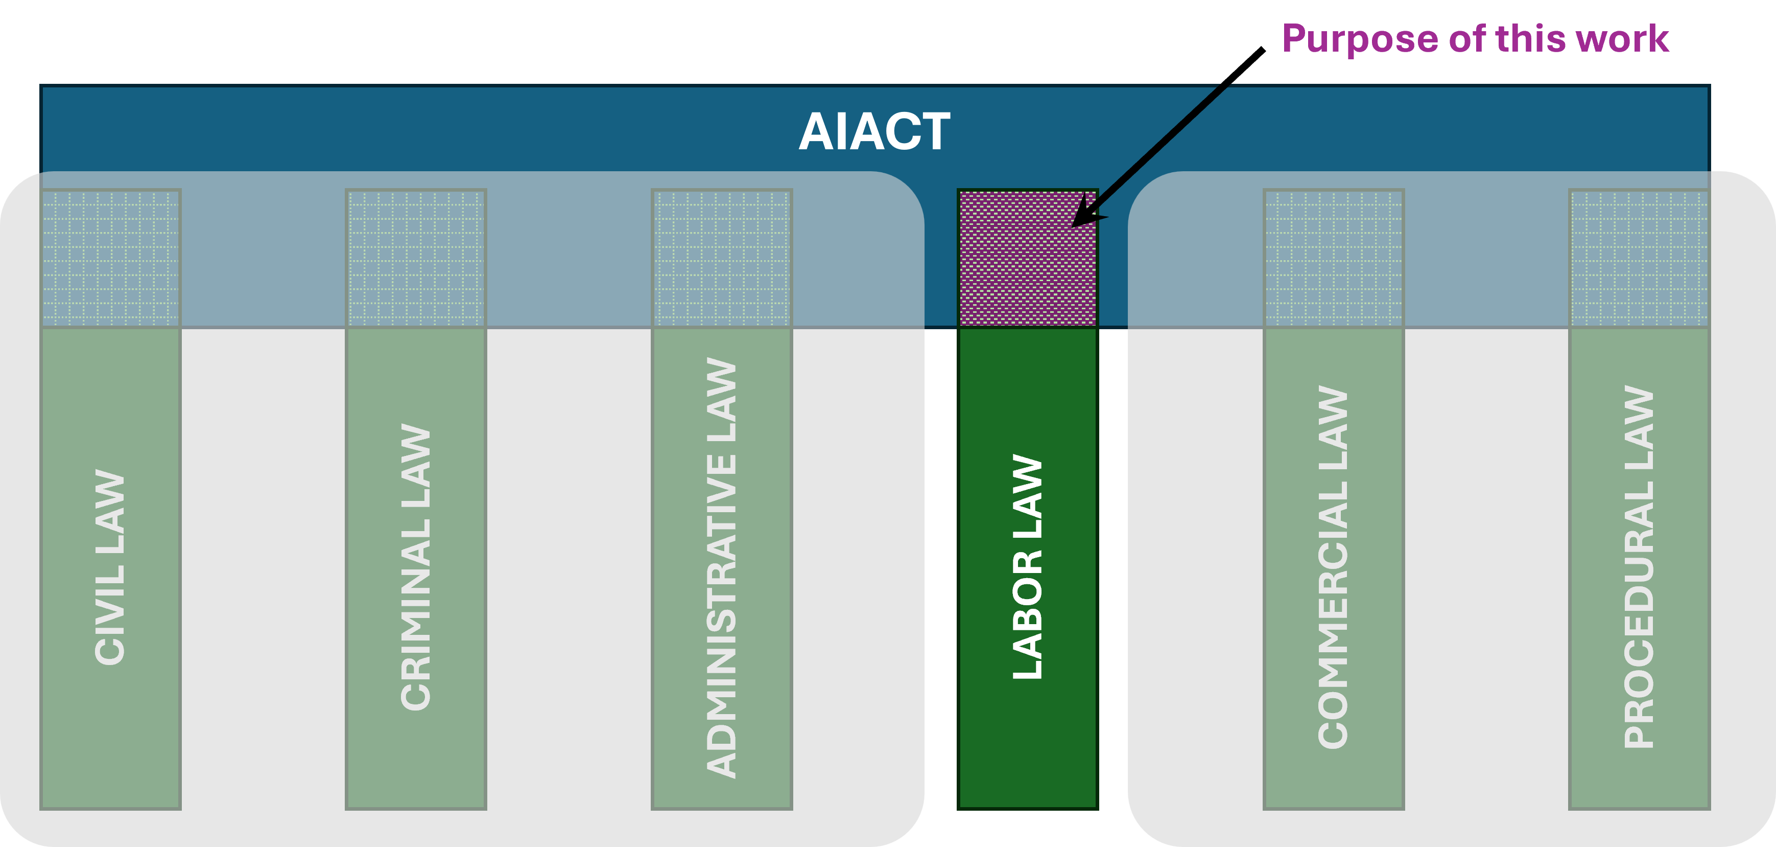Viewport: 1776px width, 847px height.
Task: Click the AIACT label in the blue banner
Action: pos(874,132)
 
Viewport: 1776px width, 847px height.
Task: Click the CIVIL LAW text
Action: pos(110,567)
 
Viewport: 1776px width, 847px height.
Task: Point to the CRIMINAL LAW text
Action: pos(416,567)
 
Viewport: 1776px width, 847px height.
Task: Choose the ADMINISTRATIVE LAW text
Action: pos(722,567)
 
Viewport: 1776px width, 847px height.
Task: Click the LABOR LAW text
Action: pos(1027,567)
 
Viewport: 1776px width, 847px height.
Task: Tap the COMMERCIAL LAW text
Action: pos(1333,567)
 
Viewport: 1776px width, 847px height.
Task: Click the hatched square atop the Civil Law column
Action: pos(110,258)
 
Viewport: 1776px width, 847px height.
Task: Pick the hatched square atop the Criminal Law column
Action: pos(416,258)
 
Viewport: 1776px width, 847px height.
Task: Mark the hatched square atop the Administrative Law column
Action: pos(722,258)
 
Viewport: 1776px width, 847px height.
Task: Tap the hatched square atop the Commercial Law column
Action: pos(1333,258)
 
